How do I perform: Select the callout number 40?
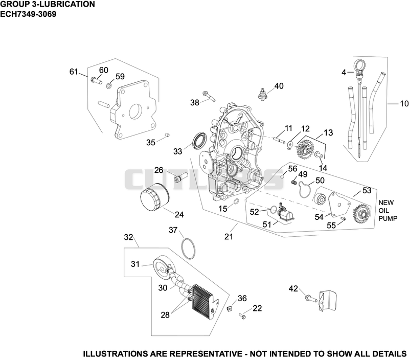pos(279,86)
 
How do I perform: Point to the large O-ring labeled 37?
pos(188,249)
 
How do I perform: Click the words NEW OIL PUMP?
pos(388,210)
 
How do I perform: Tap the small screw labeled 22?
pos(242,316)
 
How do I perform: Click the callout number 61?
pos(74,72)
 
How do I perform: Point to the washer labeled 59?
pos(109,85)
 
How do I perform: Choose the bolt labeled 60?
pos(96,80)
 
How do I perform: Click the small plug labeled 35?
pos(168,135)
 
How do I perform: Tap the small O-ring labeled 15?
pos(236,201)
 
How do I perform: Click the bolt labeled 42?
pos(311,298)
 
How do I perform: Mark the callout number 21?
pos(229,236)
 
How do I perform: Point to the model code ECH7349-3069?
pos(28,14)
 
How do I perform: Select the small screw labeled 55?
pos(344,219)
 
